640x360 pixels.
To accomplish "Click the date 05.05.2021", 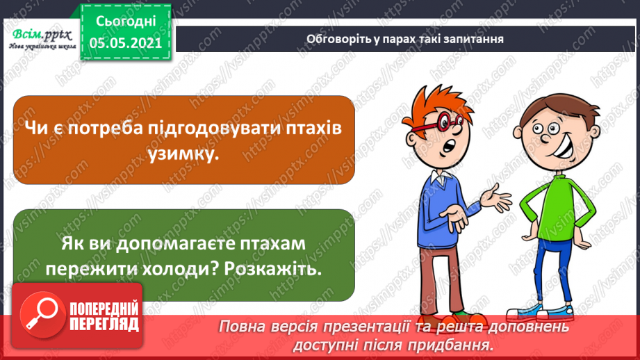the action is pyautogui.click(x=126, y=43).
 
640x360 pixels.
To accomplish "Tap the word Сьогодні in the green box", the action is pyautogui.click(x=126, y=22).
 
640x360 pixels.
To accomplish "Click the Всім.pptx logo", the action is pyautogui.click(x=42, y=39).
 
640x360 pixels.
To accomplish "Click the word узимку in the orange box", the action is pyautogui.click(x=183, y=154).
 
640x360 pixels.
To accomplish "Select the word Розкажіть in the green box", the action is pyautogui.click(x=272, y=269).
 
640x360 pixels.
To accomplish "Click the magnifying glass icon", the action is pyautogui.click(x=42, y=315).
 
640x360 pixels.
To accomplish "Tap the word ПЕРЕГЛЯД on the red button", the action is pyautogui.click(x=104, y=325).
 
